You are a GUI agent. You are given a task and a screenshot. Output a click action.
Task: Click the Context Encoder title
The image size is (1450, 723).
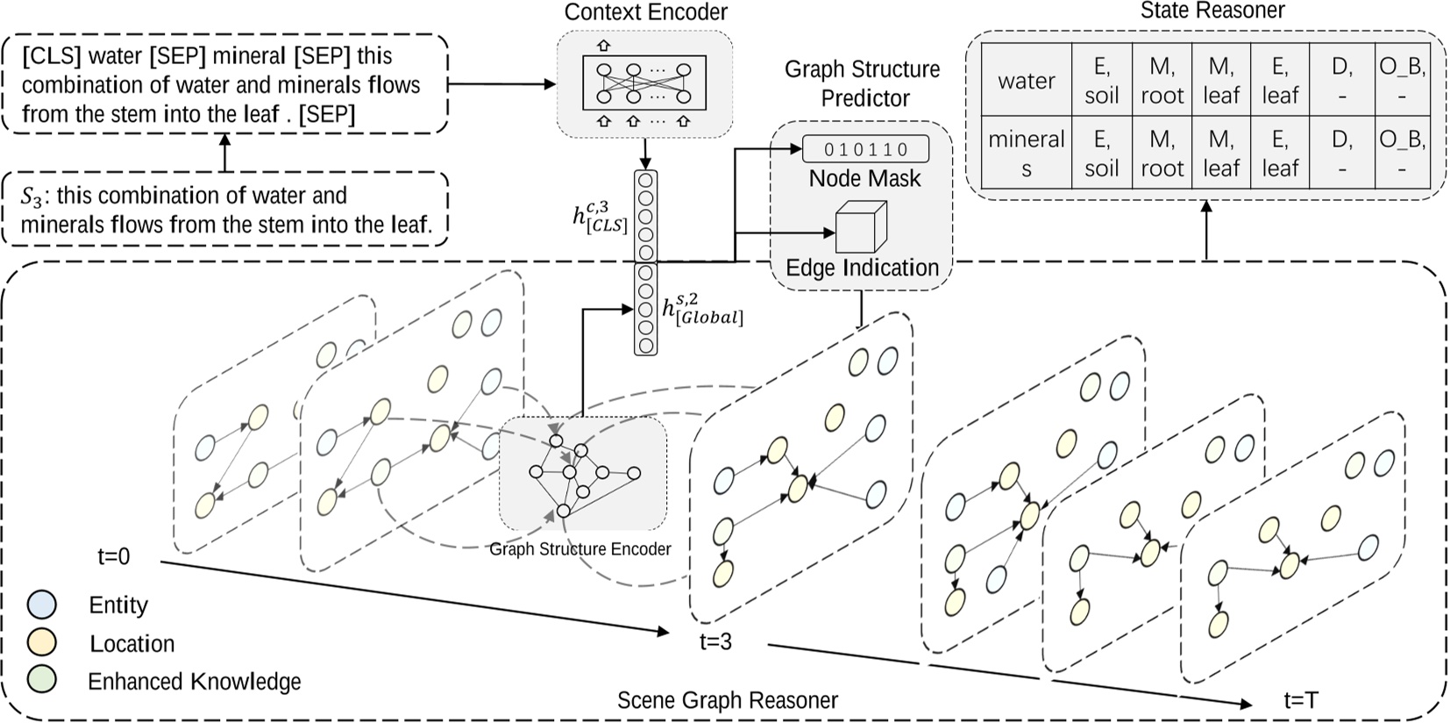(645, 12)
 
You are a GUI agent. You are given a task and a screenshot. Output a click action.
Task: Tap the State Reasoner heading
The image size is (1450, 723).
(1212, 11)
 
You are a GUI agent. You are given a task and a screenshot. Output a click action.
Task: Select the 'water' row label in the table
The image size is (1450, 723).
(1026, 81)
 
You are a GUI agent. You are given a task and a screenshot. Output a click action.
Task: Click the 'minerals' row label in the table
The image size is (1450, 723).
(1026, 154)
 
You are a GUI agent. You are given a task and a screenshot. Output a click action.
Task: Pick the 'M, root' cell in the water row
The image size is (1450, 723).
(1162, 81)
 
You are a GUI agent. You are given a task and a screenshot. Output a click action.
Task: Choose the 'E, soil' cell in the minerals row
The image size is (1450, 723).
(1101, 154)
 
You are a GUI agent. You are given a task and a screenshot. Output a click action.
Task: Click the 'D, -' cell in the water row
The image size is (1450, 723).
(1341, 81)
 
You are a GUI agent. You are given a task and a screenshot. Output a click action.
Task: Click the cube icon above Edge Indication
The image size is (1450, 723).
(859, 227)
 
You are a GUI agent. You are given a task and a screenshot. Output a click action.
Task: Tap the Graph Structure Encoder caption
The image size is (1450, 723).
(579, 549)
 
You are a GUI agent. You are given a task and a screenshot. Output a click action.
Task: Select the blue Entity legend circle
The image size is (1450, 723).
(42, 605)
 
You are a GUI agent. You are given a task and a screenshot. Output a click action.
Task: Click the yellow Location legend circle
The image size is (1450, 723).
(42, 642)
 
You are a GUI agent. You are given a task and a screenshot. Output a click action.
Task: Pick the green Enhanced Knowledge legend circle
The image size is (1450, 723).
(42, 680)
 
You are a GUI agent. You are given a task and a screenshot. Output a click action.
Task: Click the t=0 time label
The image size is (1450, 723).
(114, 556)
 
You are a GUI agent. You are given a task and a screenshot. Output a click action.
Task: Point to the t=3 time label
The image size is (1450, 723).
(715, 642)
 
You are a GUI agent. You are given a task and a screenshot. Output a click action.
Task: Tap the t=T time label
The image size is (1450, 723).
(1300, 700)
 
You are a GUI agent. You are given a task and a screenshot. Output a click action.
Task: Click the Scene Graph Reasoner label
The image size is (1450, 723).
(727, 700)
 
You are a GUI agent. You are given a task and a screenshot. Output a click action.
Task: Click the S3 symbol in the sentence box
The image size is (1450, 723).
(32, 197)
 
